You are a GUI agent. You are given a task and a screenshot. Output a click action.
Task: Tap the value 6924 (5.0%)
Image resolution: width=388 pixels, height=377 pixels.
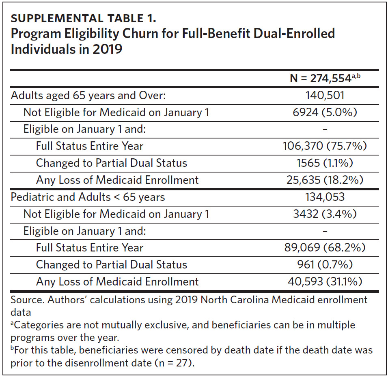point(325,112)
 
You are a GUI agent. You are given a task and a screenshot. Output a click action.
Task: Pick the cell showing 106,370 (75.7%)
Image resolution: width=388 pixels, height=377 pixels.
point(325,146)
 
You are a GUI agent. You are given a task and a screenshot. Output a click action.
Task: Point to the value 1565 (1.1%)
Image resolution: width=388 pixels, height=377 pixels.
point(325,163)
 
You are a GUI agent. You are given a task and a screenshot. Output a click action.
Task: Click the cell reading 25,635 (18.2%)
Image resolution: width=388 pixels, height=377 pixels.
point(325,180)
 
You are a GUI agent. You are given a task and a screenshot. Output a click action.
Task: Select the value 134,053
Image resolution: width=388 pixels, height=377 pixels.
point(325,197)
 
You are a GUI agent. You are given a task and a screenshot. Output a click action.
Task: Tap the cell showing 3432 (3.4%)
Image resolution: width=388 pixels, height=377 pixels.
point(325,214)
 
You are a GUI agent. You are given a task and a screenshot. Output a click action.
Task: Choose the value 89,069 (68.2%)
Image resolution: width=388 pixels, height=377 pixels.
point(325,247)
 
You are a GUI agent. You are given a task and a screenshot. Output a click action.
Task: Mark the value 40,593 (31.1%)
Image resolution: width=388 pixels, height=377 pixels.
point(325,281)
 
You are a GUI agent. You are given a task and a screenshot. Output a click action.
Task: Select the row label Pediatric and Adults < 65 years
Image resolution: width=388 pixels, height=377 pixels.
point(88,197)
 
